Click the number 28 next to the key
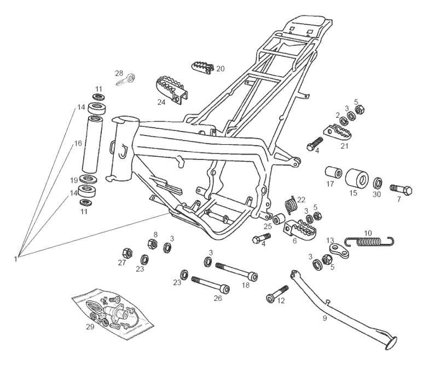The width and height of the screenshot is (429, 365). pyautogui.click(x=119, y=73)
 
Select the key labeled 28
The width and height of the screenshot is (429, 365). pyautogui.click(x=126, y=79)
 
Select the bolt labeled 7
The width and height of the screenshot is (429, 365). pyautogui.click(x=401, y=190)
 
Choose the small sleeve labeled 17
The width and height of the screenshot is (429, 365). pyautogui.click(x=332, y=176)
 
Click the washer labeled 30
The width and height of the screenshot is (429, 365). pyautogui.click(x=378, y=182)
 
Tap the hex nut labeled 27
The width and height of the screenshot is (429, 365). pyautogui.click(x=125, y=253)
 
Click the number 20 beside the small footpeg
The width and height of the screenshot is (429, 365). pyautogui.click(x=220, y=69)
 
